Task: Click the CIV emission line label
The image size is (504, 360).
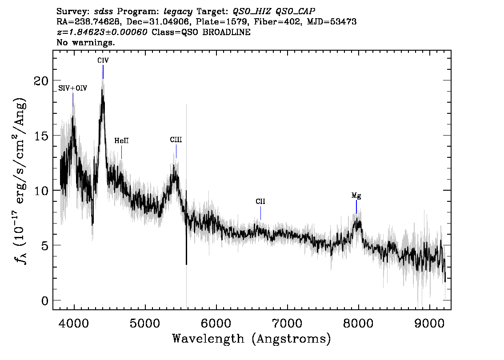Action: coord(103,60)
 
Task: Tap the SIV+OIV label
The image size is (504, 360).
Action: coord(72,88)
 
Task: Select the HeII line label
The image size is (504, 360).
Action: coord(121,141)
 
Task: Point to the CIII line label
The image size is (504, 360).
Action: coord(176,140)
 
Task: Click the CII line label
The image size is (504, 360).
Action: coord(260,201)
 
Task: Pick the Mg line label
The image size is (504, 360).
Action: coord(356,196)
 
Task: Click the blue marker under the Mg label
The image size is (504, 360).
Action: coord(356,207)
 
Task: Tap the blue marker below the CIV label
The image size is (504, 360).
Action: coord(103,72)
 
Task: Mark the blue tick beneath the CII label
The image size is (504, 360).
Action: coord(260,213)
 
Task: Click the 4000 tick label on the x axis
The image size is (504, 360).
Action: coord(74,324)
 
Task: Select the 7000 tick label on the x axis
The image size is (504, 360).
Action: coord(287,324)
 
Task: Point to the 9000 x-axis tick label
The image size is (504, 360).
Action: coord(429,324)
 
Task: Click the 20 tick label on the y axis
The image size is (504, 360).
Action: coord(41,81)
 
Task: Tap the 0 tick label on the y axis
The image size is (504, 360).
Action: coord(45,301)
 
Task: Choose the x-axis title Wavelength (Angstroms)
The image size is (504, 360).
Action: coord(252,339)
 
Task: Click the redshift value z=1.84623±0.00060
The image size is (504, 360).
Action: coord(102,32)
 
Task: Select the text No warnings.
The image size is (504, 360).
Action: coord(85,42)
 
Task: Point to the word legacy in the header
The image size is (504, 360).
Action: coord(178,12)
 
